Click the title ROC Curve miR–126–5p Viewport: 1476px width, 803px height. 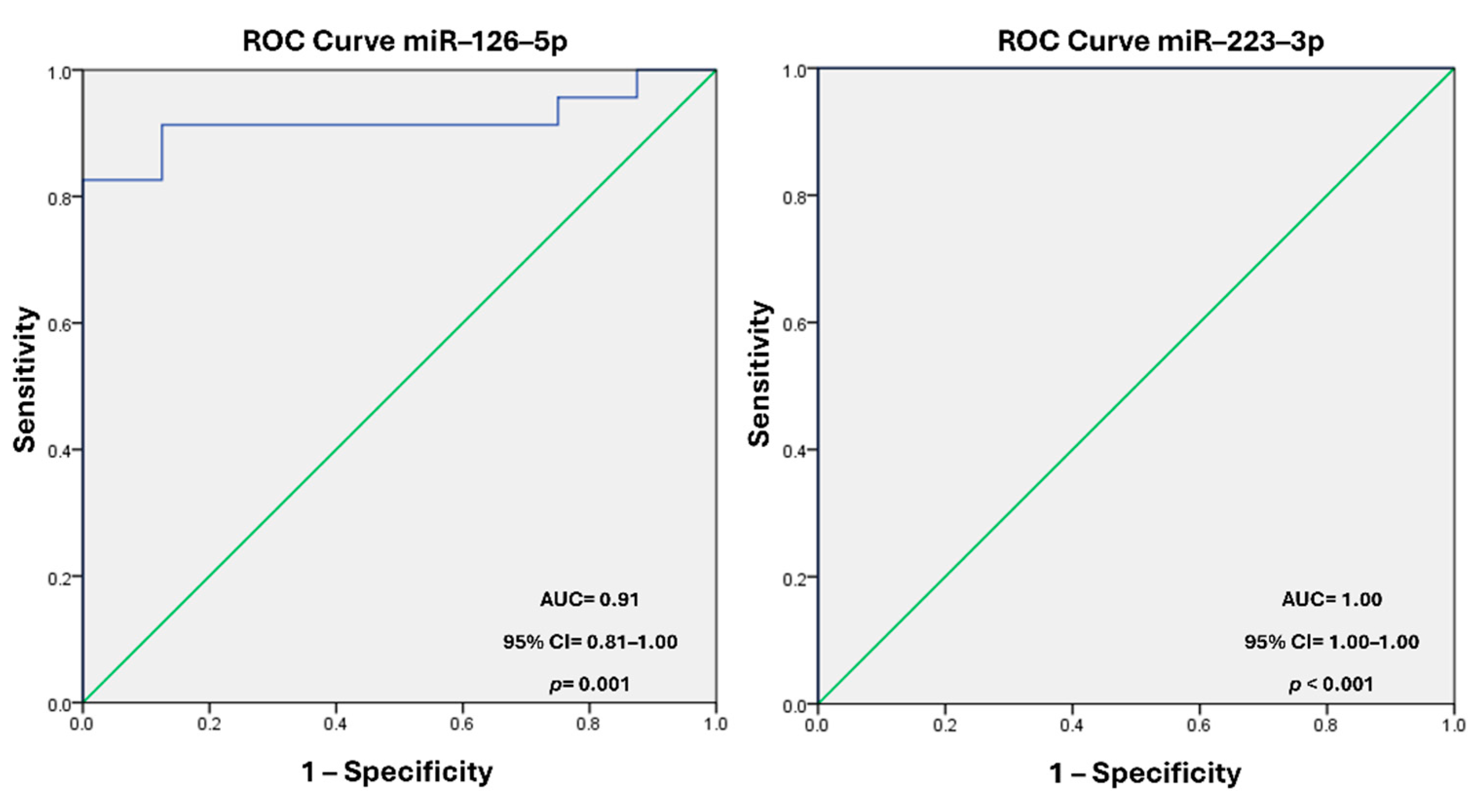coord(405,41)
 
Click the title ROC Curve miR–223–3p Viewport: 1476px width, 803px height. coord(1160,41)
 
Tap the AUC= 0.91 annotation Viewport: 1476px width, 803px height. coord(589,599)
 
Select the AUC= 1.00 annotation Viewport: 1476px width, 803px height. coord(1331,599)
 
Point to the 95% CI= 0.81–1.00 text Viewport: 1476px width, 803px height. coord(590,642)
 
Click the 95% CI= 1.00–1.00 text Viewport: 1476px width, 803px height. coord(1331,642)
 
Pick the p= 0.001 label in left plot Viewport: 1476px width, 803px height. coord(589,684)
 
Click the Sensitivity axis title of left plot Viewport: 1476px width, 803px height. coord(25,379)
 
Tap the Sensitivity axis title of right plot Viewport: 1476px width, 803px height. coord(759,373)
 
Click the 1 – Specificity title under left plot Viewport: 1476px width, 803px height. coord(397,771)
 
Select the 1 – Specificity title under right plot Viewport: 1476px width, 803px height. coord(1145,773)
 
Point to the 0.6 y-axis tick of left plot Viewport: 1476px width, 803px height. coord(59,324)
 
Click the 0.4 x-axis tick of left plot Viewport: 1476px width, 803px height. coord(335,725)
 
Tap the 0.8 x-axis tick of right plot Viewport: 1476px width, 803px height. coord(1326,726)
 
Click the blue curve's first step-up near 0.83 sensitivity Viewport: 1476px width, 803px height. coord(162,152)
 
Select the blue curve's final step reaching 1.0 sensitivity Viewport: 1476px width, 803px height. coord(636,84)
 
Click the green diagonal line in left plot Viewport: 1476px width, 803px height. coord(399,386)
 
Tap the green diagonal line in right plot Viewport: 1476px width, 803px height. coord(1136,386)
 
